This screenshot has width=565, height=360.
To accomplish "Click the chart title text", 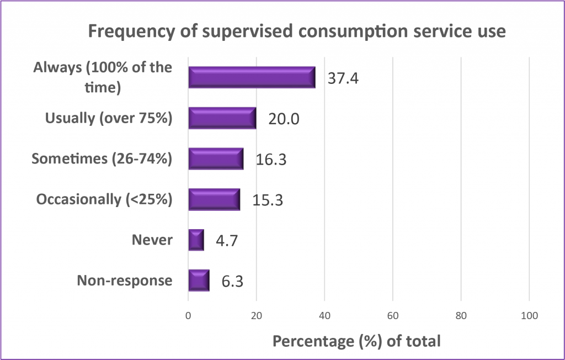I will [297, 31].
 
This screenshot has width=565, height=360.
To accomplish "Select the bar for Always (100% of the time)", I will [252, 77].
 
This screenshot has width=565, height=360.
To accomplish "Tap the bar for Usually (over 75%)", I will [222, 118].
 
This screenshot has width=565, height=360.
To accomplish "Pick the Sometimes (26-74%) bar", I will [216, 158].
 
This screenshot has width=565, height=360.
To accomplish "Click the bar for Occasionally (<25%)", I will [214, 199].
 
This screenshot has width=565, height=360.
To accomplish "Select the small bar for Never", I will [196, 240].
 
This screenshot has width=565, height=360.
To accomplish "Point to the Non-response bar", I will [199, 280].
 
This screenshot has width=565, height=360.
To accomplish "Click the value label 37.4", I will [343, 78].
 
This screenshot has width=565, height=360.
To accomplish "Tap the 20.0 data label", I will [284, 119].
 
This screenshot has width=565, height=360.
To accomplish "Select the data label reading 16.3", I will [271, 160].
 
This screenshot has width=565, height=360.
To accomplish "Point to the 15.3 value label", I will [268, 200].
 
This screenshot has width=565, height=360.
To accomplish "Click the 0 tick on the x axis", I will [189, 316].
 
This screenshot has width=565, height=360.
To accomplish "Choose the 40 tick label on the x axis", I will [324, 316].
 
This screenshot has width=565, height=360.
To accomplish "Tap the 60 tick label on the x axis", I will [393, 316].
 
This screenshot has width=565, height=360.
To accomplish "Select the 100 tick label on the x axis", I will [529, 316].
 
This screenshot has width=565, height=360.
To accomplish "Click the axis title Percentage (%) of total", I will [356, 341].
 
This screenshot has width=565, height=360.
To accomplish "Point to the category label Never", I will [152, 240].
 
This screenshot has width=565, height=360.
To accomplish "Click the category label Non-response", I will [125, 280].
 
